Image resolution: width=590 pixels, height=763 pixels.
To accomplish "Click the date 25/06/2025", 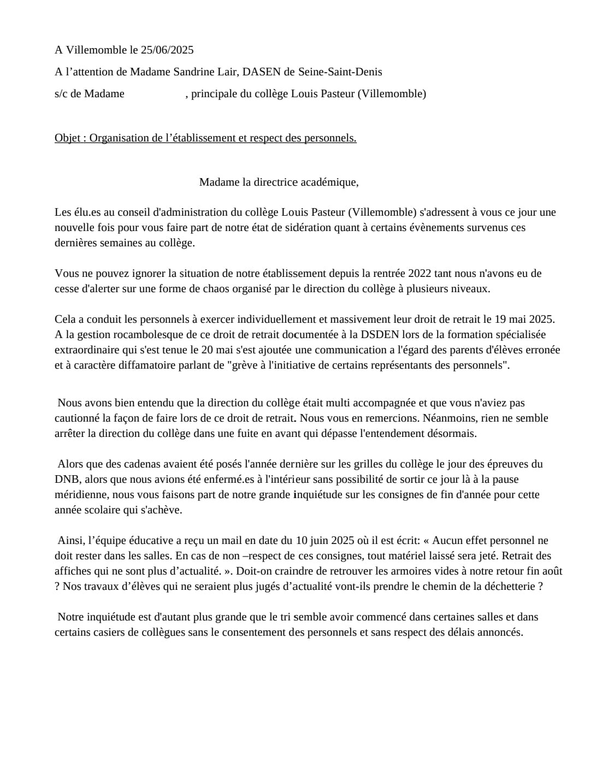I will coord(167,50).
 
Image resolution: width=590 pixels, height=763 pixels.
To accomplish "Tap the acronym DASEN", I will coord(262,72).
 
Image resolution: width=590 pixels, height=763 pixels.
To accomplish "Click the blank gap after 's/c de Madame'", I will coord(155,94).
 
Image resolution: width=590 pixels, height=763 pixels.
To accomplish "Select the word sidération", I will coord(308,228).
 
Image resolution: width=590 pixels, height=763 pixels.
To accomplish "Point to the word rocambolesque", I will coord(160,335).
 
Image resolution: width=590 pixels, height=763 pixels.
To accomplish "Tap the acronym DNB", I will coord(67,480).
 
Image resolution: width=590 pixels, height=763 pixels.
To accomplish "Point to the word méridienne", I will coord(82,495).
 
